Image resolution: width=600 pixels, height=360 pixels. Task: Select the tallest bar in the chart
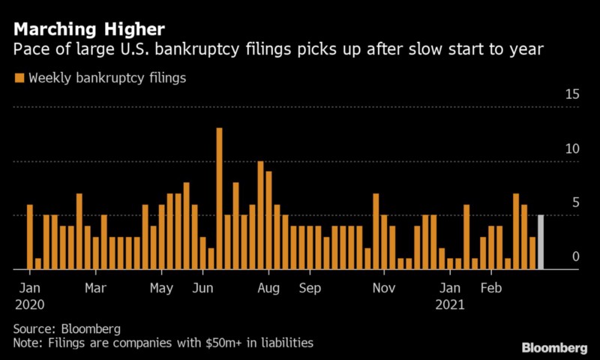click(x=220, y=198)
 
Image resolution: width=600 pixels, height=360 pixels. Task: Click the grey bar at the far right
click(x=541, y=241)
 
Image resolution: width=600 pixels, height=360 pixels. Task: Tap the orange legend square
click(x=19, y=77)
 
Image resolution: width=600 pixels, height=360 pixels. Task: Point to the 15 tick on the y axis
click(x=572, y=94)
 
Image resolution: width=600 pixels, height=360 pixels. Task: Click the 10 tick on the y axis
click(x=572, y=148)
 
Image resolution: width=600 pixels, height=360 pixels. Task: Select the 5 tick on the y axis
click(x=575, y=202)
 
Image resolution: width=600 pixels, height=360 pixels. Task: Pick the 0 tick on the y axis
click(x=576, y=256)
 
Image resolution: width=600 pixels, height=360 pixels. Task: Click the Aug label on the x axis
click(x=268, y=288)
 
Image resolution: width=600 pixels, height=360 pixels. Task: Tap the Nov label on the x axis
click(x=384, y=288)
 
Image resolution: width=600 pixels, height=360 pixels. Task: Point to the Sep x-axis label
click(x=310, y=288)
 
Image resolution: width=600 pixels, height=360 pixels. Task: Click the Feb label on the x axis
click(x=491, y=288)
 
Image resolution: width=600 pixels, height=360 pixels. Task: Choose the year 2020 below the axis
click(x=31, y=305)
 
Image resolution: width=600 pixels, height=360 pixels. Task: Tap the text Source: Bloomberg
click(x=66, y=328)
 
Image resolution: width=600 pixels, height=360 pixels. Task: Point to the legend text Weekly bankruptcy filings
click(x=107, y=77)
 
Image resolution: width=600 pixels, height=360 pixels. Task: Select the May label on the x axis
click(x=162, y=288)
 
